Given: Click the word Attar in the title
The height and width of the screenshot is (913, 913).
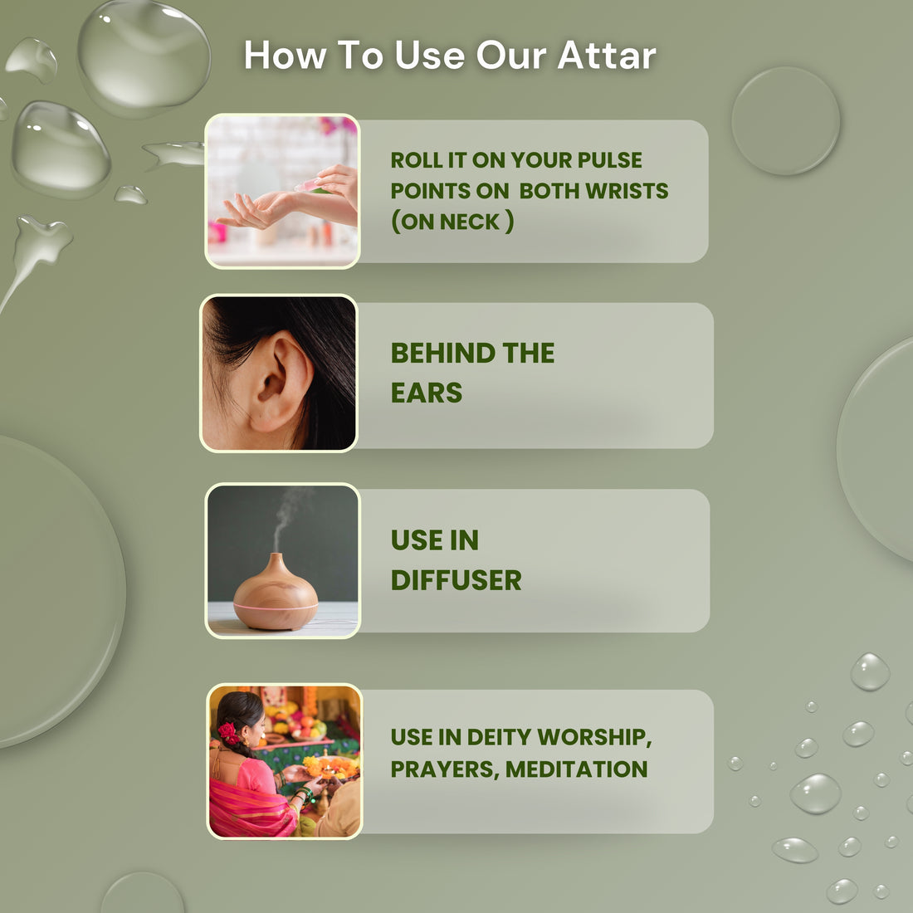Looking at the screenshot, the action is (607, 56).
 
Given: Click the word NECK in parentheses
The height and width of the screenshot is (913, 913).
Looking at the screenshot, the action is (469, 222).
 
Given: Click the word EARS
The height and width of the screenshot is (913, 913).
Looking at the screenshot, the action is (427, 393).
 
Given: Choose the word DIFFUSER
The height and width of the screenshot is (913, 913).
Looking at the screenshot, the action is (456, 580).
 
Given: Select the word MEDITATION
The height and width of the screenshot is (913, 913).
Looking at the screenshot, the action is (577, 769).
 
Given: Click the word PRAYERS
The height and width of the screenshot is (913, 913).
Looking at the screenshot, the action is (445, 769).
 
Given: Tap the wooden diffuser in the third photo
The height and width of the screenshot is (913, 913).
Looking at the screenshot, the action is (276, 594).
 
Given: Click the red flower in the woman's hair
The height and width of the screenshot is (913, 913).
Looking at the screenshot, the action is (227, 733).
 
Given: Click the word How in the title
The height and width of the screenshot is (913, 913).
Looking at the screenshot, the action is (285, 56).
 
